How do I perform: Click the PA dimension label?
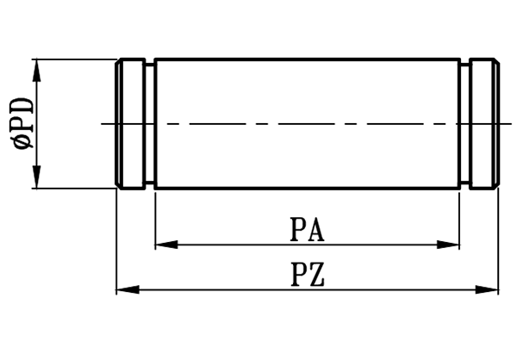tap(308, 230)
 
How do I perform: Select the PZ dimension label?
tap(308, 276)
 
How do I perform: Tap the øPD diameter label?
tap(24, 124)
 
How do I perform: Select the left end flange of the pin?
tap(130, 123)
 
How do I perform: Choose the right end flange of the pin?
tap(484, 123)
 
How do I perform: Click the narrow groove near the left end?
tap(150, 123)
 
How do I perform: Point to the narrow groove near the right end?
tap(464, 123)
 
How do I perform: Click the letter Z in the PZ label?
tap(316, 276)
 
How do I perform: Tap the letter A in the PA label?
tap(316, 230)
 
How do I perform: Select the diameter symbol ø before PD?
tap(24, 144)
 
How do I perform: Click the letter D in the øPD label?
tap(24, 107)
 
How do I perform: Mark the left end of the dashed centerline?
tap(103, 124)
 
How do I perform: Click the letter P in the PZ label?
tap(298, 276)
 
